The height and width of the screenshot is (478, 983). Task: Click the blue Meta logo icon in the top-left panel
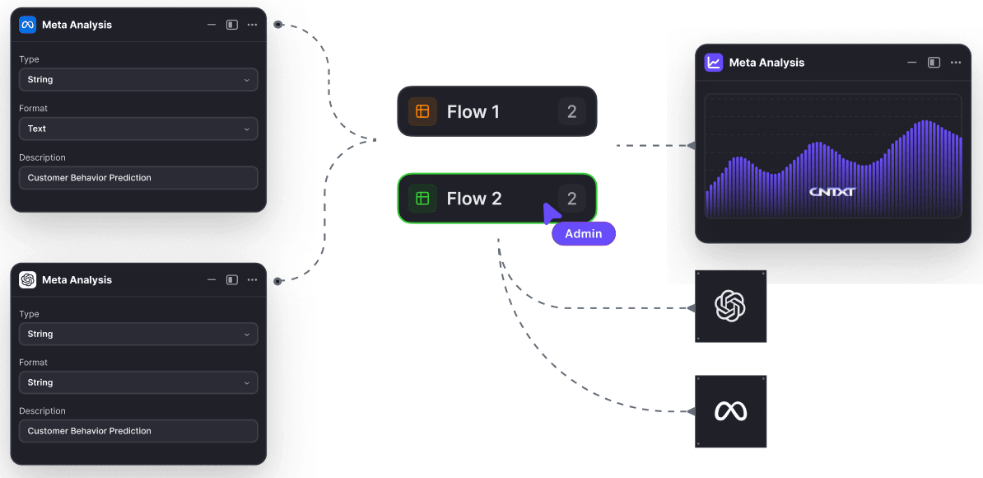28,25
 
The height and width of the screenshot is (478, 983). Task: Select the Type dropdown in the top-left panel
138,80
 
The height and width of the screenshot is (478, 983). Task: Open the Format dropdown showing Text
138,129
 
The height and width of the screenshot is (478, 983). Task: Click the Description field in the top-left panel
138,178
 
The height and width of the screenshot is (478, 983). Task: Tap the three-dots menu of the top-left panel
252,25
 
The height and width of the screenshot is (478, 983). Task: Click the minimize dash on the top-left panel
212,25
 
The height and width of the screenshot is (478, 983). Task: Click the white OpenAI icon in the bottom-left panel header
28,280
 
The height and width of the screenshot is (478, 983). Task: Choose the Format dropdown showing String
138,382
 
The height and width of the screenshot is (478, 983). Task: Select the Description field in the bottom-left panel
138,431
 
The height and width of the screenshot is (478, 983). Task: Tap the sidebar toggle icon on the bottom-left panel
232,280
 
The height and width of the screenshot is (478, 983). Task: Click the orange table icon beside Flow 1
422,111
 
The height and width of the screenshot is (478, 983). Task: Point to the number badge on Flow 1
572,111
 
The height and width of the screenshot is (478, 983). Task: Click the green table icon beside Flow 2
422,199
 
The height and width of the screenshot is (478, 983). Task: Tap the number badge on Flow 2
572,199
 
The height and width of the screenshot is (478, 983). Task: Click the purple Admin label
584,233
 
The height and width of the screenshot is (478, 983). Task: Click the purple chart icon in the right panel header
714,63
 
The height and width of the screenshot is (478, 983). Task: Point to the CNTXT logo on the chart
832,192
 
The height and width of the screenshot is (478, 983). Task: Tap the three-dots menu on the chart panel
956,63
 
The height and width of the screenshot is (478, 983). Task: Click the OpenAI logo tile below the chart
730,307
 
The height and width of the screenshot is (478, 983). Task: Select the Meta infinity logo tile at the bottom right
730,411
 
